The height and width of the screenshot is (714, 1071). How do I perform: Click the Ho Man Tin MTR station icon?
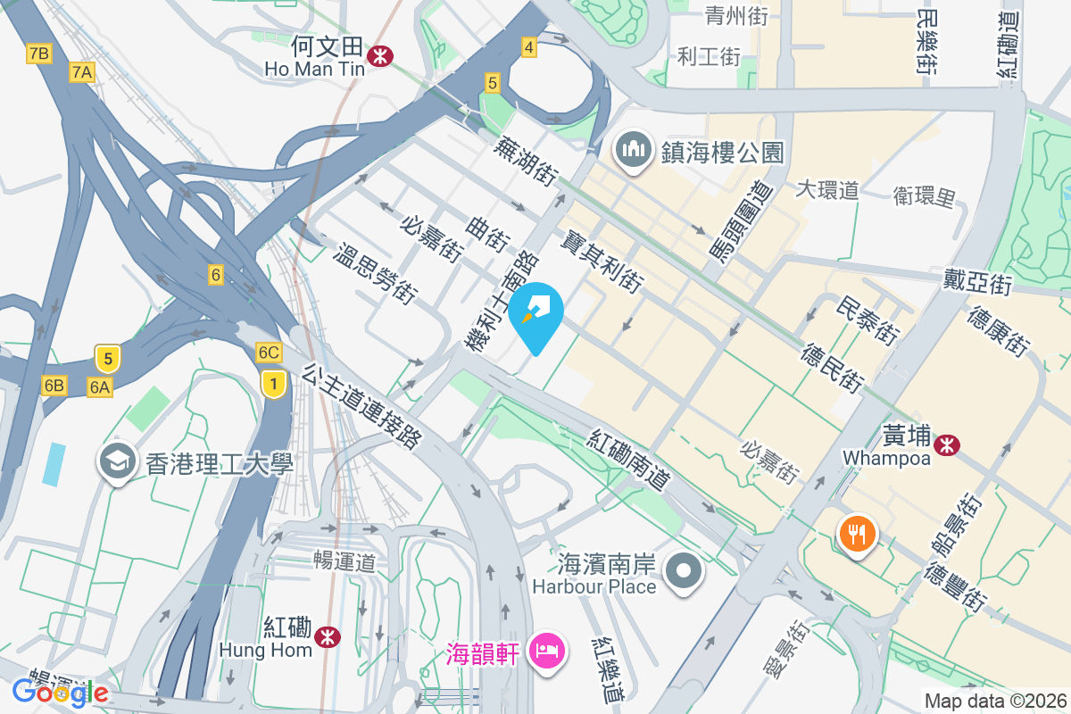[382, 55]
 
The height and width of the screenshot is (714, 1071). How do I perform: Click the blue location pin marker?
[536, 314]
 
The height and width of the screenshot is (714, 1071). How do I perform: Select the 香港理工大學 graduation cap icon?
[117, 461]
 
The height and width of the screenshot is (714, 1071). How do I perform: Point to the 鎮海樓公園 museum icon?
[634, 151]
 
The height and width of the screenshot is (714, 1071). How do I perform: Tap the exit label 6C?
[269, 353]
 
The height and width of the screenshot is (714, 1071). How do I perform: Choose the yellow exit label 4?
[529, 47]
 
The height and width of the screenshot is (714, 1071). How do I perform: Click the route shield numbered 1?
[273, 384]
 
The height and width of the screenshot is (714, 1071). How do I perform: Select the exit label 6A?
[99, 386]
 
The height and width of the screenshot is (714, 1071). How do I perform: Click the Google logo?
[60, 692]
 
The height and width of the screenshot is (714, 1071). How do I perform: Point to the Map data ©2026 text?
[995, 701]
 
